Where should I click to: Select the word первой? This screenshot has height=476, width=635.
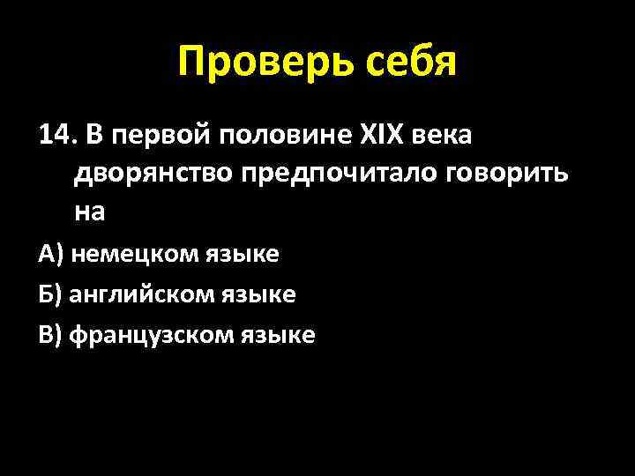(160, 137)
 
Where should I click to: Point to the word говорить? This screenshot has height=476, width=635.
(510, 175)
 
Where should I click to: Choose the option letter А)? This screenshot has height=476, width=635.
(50, 255)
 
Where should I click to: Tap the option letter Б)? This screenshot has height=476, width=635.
(50, 294)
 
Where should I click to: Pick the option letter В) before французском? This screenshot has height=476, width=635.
(50, 335)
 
